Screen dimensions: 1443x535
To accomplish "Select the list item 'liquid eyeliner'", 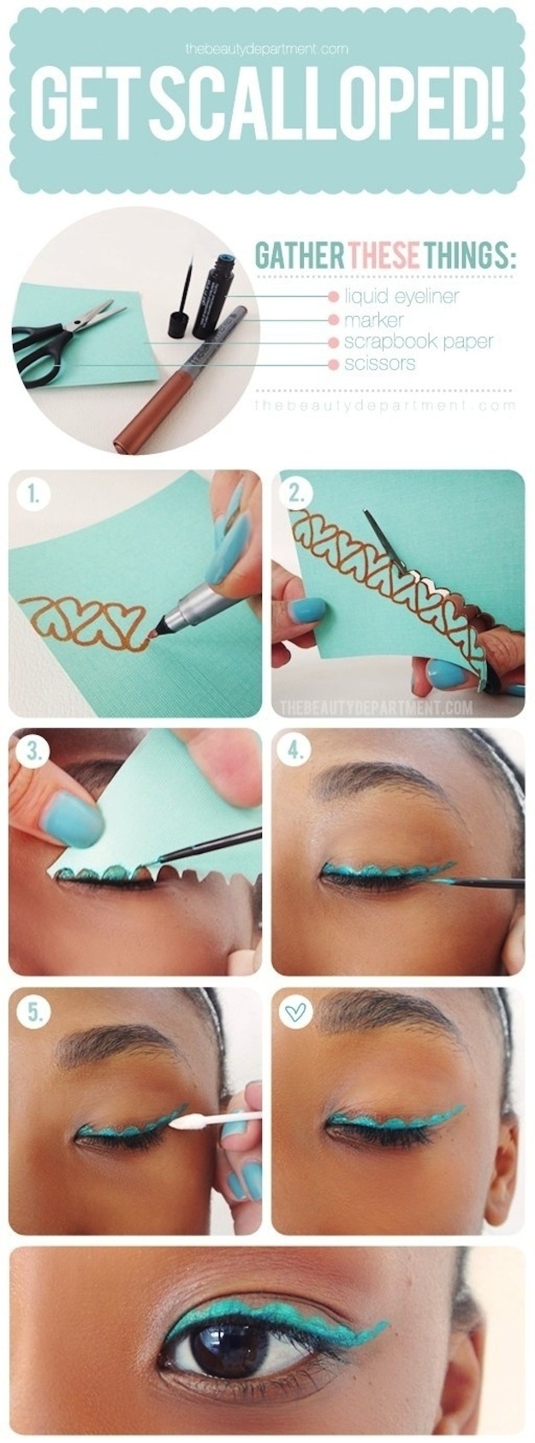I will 401,296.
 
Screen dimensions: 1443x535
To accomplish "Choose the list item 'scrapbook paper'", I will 418,342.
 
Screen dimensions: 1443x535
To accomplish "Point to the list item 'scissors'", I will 379,364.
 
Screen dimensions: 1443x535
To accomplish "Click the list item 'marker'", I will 373,319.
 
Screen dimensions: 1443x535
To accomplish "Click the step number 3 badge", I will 33,752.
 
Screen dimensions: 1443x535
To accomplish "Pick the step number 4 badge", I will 296,752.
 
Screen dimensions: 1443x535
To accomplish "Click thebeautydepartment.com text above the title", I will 267,49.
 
